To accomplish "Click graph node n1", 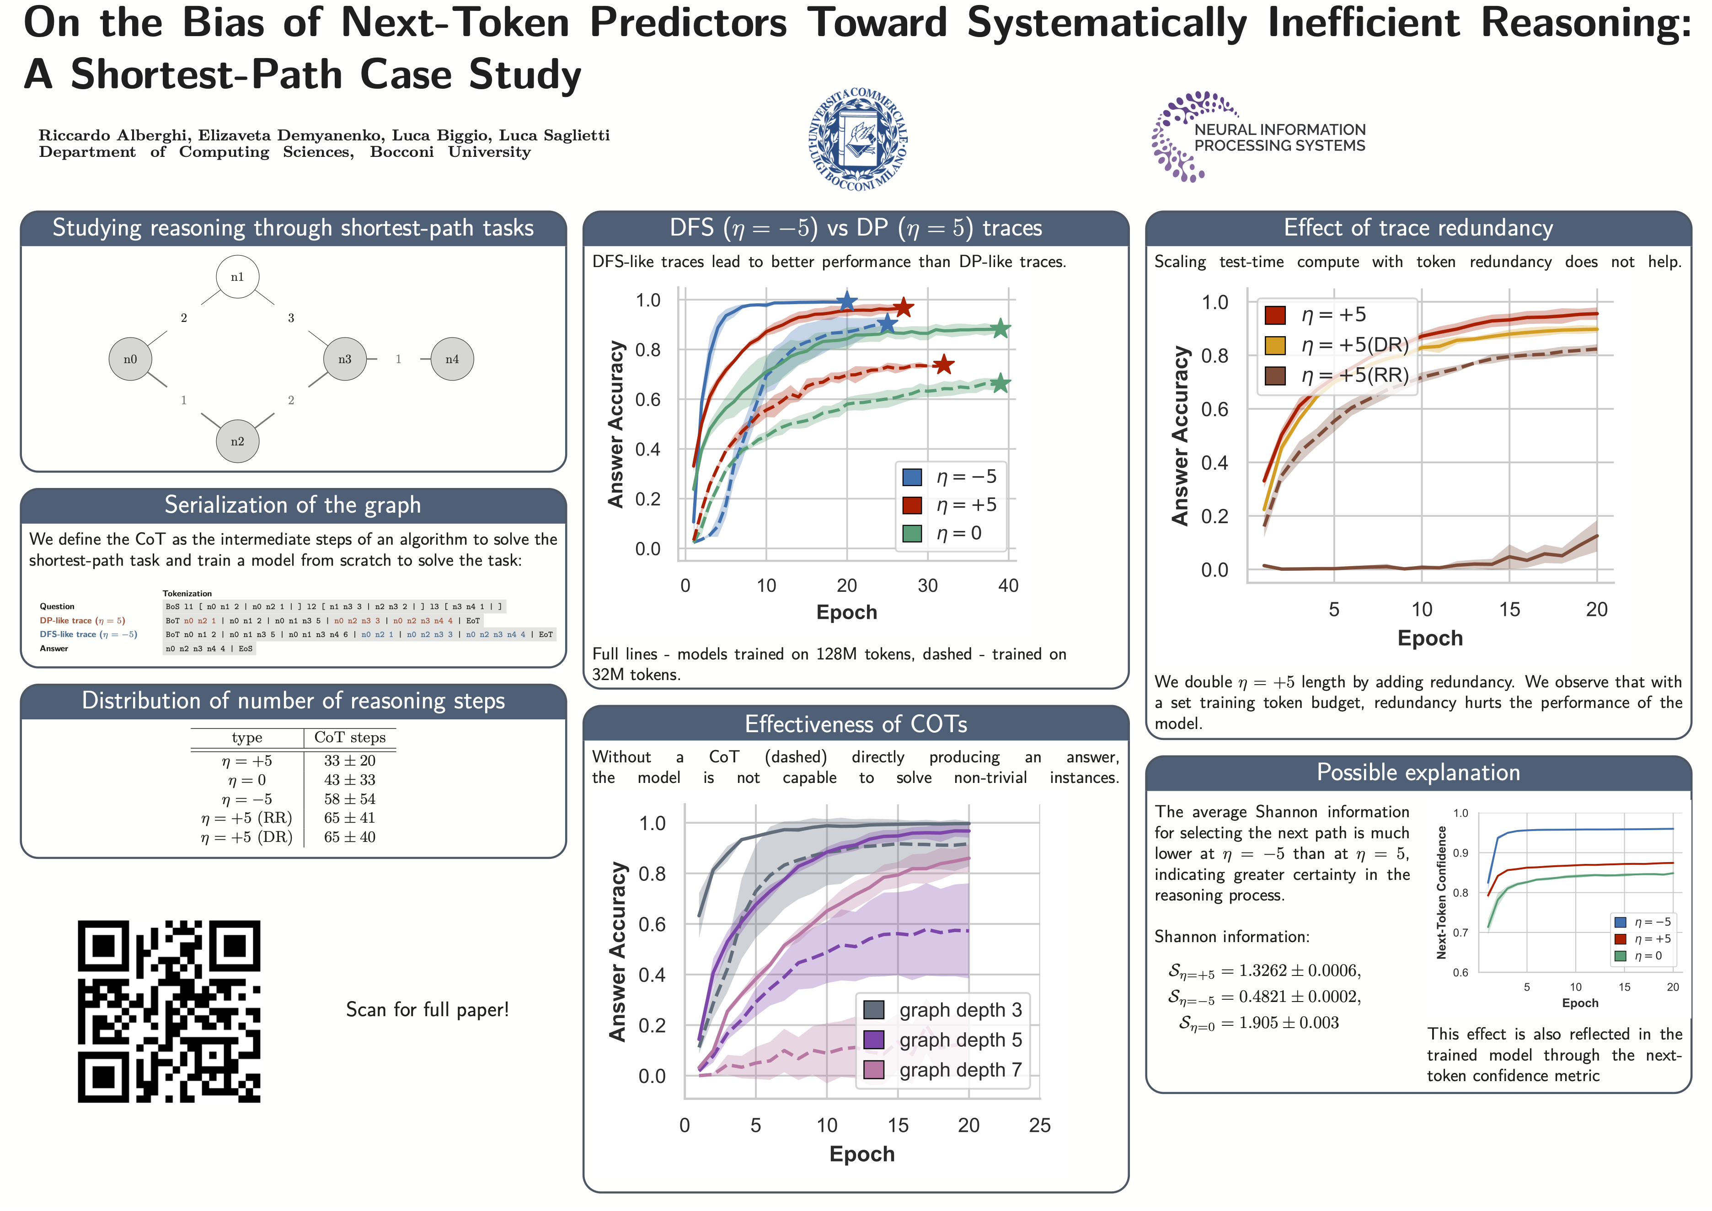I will (237, 277).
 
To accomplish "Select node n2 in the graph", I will (237, 441).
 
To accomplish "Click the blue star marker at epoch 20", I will (846, 301).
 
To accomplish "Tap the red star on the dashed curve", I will (943, 364).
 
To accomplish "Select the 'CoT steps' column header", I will (350, 738).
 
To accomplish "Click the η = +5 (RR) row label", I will (246, 818).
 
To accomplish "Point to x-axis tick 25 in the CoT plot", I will (1039, 1125).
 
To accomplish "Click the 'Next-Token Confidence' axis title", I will (1441, 893).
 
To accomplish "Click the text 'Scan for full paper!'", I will (427, 1010).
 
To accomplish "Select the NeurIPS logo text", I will (1279, 138).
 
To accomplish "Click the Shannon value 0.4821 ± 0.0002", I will (1300, 997).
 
